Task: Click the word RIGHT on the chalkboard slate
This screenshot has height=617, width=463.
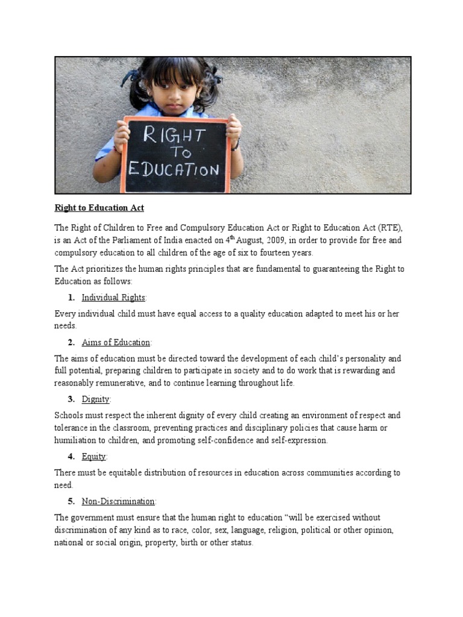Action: (x=174, y=135)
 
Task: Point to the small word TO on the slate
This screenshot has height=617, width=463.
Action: (x=179, y=152)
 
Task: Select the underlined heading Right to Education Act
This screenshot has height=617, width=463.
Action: (x=99, y=208)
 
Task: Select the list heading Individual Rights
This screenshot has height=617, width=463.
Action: (x=113, y=298)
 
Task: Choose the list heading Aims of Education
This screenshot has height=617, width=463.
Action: (x=116, y=342)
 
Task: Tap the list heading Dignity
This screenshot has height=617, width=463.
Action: (x=96, y=399)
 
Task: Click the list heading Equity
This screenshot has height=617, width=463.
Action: (x=94, y=457)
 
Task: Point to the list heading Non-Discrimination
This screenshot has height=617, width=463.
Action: (x=119, y=501)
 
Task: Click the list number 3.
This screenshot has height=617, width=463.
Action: (x=71, y=399)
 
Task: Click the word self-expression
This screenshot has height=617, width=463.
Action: (x=298, y=441)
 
